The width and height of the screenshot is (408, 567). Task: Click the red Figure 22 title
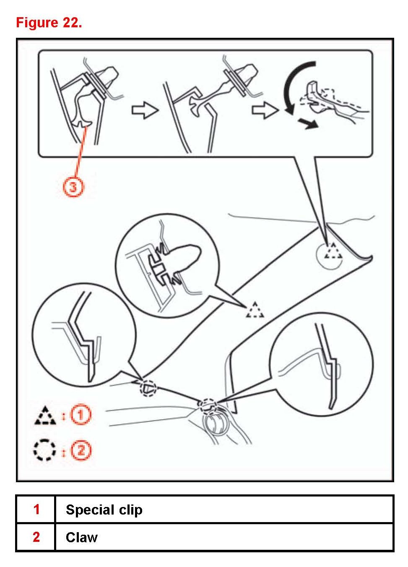pos(49,22)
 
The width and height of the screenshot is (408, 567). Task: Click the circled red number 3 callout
pos(73,187)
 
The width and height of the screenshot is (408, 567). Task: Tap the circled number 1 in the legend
pos(81,415)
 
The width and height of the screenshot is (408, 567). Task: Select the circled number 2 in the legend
pos(81,450)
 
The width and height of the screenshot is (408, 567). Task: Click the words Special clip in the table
pos(104,510)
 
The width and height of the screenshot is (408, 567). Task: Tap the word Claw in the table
pos(82,537)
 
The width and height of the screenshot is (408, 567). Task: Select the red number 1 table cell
pos(36,510)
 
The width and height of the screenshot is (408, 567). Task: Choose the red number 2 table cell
pos(36,537)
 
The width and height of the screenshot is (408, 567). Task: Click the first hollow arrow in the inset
pos(145,110)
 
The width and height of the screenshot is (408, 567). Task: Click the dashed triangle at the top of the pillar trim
pos(334,251)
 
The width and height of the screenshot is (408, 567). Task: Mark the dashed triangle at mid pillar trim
pos(255,310)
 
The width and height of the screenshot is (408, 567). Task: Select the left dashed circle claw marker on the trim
pos(148,388)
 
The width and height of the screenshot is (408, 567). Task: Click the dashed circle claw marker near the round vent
pos(208,405)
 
